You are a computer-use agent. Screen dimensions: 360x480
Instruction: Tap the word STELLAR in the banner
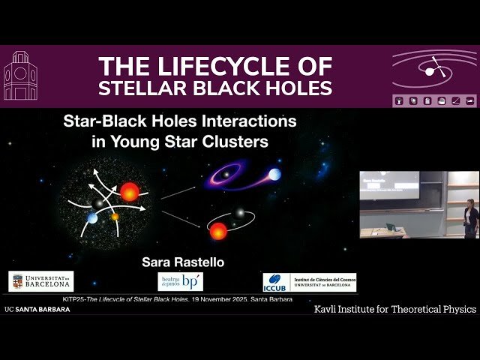click(x=145, y=88)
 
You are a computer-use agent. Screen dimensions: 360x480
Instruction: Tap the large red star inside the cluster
click(x=129, y=192)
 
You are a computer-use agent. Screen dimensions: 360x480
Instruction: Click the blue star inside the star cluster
click(x=91, y=217)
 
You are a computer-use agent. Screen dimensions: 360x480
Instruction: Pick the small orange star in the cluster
click(x=115, y=217)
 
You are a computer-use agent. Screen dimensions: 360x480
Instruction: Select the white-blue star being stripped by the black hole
click(x=275, y=174)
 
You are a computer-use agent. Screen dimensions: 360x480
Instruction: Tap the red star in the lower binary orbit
click(x=218, y=231)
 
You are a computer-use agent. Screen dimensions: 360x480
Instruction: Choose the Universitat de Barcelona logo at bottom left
click(x=41, y=281)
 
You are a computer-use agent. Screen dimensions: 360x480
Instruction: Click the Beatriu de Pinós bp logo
click(x=181, y=281)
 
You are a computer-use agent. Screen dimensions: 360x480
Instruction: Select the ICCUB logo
click(x=309, y=282)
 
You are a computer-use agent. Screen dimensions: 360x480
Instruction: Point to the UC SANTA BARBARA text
click(x=37, y=309)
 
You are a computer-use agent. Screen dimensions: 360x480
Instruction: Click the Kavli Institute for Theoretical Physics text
click(x=395, y=309)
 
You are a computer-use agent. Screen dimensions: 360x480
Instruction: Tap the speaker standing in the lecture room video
click(x=470, y=219)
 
